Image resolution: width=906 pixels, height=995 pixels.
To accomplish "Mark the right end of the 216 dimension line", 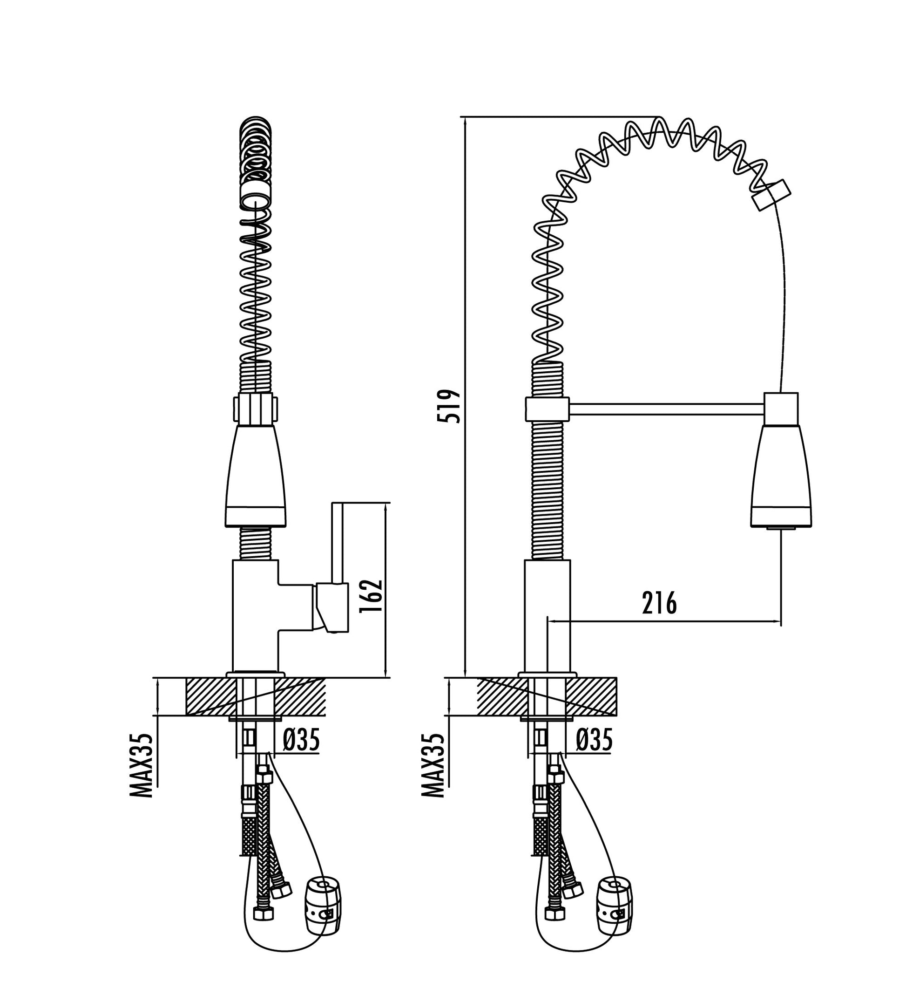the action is coord(781,621).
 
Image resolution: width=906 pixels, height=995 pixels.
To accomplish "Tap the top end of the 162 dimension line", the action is coord(385,503).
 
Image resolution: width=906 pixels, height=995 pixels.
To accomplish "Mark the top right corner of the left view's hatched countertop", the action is coord(325,679).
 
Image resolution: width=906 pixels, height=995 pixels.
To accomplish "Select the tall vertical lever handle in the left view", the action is coord(337,543).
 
